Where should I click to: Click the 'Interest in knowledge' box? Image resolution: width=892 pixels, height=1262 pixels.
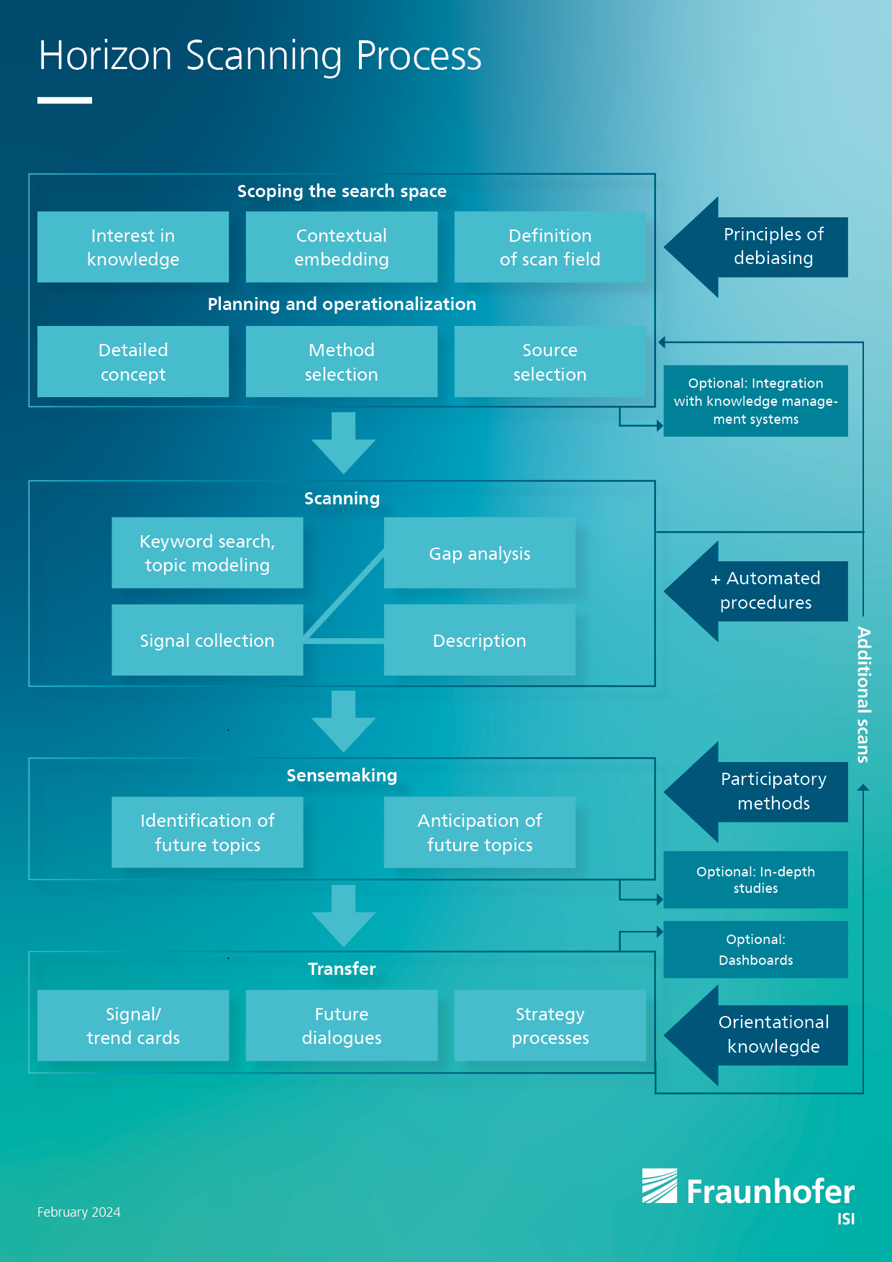[133, 247]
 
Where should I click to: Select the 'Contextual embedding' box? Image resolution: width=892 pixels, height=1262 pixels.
[342, 247]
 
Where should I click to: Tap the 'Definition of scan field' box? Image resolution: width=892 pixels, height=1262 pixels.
[550, 247]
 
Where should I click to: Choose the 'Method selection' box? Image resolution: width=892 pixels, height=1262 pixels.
[342, 361]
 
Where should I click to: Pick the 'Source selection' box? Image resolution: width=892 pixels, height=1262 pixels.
[550, 361]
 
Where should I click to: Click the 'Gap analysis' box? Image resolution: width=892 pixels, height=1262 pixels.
[480, 553]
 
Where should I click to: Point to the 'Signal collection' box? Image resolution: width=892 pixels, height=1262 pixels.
[207, 640]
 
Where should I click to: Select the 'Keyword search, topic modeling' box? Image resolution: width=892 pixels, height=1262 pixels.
[207, 553]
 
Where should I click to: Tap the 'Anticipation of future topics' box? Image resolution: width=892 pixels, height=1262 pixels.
[480, 832]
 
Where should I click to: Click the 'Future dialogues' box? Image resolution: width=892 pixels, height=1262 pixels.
[342, 1025]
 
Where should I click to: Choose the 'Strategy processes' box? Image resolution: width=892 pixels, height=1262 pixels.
[550, 1025]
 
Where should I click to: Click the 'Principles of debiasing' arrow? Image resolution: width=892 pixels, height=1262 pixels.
[755, 247]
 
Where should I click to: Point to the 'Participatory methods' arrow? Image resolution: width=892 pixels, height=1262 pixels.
[755, 791]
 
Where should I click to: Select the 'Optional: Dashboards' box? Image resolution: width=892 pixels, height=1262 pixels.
[755, 950]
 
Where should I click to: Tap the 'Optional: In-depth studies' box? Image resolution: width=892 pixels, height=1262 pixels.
[755, 880]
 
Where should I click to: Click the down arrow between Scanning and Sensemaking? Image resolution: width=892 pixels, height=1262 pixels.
[344, 721]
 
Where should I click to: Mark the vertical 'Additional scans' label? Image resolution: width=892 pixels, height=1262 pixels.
[863, 694]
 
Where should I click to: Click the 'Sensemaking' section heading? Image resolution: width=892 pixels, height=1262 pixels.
[342, 776]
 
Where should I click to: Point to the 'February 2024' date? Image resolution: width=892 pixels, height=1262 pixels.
[79, 1212]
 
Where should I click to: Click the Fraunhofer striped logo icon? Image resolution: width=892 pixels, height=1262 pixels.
[660, 1186]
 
